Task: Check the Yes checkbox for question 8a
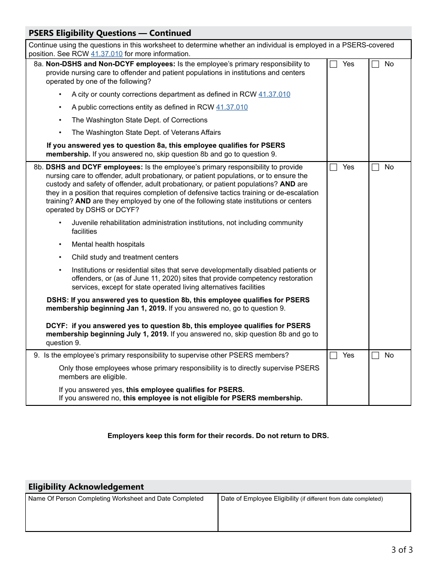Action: pyautogui.click(x=334, y=64)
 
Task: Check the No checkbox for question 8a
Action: pyautogui.click(x=375, y=64)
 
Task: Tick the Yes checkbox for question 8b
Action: pyautogui.click(x=334, y=167)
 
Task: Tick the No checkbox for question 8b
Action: pyautogui.click(x=375, y=167)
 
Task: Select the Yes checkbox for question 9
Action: pyautogui.click(x=334, y=356)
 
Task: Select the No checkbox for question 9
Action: pyautogui.click(x=375, y=356)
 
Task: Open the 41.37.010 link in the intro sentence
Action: pyautogui.click(x=107, y=54)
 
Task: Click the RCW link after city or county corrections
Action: pyautogui.click(x=274, y=94)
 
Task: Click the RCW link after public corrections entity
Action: pyautogui.click(x=232, y=107)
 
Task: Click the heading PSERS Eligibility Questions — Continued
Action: pyautogui.click(x=109, y=33)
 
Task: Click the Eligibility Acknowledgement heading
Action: pyautogui.click(x=86, y=487)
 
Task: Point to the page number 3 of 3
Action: pyautogui.click(x=402, y=549)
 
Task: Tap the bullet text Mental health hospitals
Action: pyautogui.click(x=108, y=244)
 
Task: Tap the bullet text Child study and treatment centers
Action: pyautogui.click(x=125, y=257)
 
